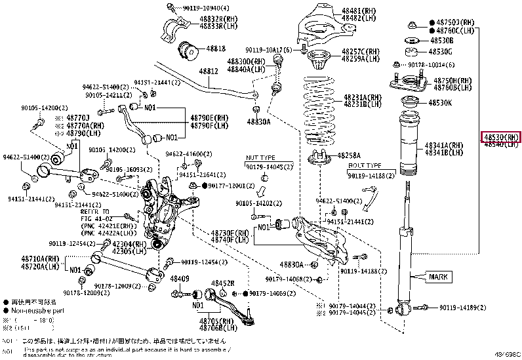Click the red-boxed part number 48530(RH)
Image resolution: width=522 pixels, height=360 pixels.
coord(501,136)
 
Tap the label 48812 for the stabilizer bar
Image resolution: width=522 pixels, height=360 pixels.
coord(209,71)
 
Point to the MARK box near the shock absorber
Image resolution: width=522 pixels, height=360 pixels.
coord(439,277)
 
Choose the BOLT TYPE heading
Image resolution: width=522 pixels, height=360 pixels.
coord(365,166)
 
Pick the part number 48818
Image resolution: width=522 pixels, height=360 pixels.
coord(216,49)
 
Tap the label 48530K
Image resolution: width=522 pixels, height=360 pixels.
coord(441,103)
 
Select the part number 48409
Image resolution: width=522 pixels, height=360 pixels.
coord(180,278)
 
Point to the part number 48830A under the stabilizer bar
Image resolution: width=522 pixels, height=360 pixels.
coord(259,121)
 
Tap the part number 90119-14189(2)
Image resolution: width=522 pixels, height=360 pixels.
coord(462,307)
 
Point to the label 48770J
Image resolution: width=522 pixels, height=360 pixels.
coord(78,117)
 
